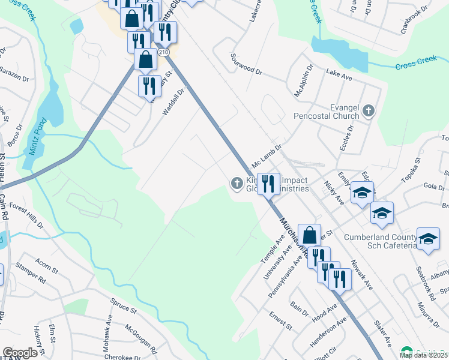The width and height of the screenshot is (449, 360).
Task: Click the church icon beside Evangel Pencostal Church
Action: [369, 110]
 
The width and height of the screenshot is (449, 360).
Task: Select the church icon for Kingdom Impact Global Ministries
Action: [237, 183]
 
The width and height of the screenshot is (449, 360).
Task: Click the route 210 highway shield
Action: [163, 53]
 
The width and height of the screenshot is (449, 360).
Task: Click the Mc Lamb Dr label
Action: [267, 155]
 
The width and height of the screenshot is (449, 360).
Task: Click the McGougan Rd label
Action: [140, 338]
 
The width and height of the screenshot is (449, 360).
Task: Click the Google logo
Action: [20, 353]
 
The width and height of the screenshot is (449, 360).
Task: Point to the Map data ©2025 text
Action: [423, 355]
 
